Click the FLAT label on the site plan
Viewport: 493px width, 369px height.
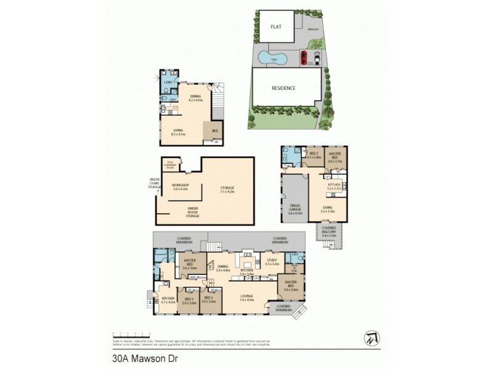coord(275,27)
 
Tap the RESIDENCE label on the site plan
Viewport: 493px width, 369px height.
coord(283,88)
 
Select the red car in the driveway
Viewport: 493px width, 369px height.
coord(304,58)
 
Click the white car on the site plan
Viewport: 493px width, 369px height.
coord(316,58)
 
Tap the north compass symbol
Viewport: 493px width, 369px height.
coord(372,337)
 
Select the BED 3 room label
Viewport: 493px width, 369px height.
coord(189,299)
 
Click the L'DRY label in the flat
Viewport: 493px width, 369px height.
coord(167,82)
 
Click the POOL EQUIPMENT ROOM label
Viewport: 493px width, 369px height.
coord(169,165)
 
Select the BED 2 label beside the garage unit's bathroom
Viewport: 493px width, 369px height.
coord(314,154)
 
